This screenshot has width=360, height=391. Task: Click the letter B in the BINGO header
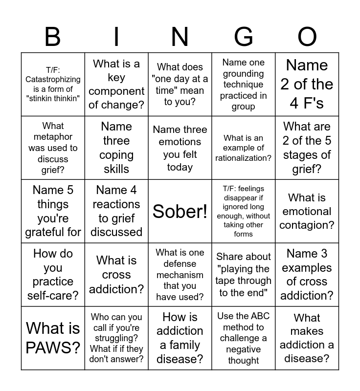[53, 37]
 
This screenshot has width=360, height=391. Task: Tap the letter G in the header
[244, 37]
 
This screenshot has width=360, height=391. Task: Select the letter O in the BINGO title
[307, 37]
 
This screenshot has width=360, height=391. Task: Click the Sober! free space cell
[180, 211]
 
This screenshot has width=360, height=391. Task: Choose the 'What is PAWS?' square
[53, 338]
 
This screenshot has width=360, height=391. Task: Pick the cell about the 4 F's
[307, 84]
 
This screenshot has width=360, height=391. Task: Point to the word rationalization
[244, 158]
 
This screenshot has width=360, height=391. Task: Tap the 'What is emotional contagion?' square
[307, 211]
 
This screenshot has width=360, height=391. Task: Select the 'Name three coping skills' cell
[116, 148]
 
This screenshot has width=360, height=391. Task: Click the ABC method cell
[244, 338]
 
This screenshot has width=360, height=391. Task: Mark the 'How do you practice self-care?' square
[53, 275]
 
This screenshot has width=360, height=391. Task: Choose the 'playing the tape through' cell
[244, 275]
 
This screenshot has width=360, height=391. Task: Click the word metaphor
[53, 137]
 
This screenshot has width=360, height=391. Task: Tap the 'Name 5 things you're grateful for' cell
[53, 211]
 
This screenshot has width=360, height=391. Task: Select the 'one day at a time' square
[180, 84]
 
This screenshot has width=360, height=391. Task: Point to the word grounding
[244, 74]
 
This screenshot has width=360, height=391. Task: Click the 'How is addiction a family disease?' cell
[180, 338]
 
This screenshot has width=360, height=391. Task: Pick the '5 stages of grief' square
[307, 148]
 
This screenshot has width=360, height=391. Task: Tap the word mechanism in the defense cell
[180, 275]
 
